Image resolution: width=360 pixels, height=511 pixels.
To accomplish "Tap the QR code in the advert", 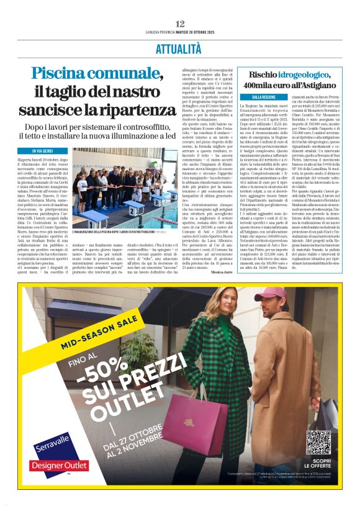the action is (x=318, y=441).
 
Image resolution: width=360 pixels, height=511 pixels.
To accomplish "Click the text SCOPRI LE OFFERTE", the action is (x=318, y=465).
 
